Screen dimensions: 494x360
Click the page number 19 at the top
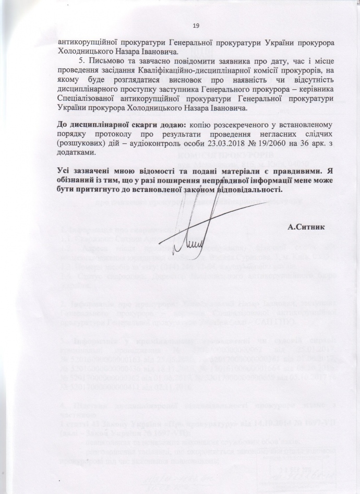pos(196,27)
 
